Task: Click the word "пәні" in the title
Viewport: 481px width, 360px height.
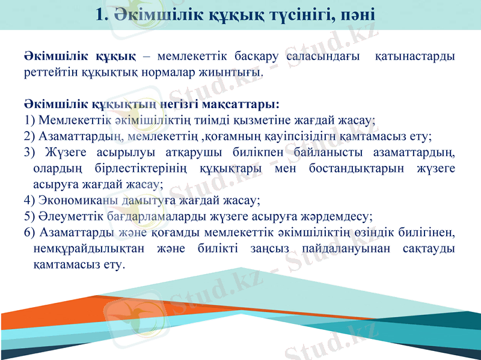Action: tap(358, 15)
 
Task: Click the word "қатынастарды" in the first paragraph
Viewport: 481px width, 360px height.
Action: tap(415, 57)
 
